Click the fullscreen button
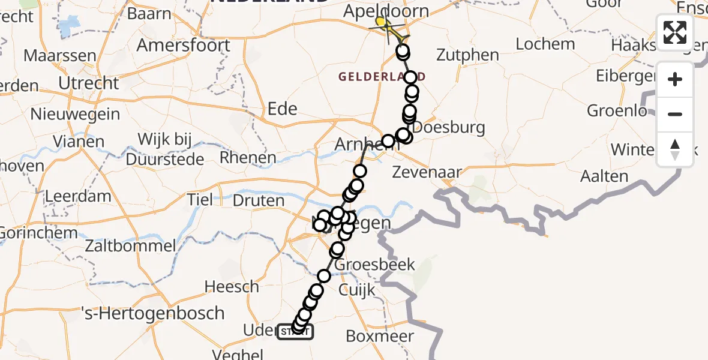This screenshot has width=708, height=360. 675,32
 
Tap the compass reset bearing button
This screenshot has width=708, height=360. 675,149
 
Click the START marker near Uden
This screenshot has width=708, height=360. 295,332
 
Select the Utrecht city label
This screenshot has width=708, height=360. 89,82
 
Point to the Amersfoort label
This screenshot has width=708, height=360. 184,45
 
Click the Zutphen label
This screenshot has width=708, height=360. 467,55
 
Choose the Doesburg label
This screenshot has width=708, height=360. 441,127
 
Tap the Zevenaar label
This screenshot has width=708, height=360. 427,172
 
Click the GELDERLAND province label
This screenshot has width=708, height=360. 382,76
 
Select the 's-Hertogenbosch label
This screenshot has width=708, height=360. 152,313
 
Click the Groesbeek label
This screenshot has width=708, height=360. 367,265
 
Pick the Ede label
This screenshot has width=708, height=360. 282,109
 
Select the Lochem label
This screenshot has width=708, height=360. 545,44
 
